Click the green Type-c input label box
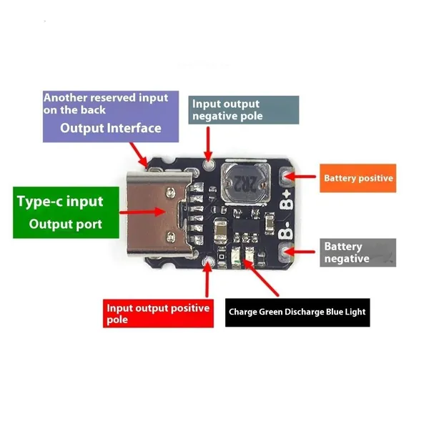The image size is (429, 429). (x=66, y=212)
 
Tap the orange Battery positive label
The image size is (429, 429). (x=358, y=178)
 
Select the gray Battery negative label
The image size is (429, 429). (x=358, y=252)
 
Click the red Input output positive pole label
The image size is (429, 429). (x=158, y=313)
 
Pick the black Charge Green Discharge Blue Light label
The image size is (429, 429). (x=297, y=312)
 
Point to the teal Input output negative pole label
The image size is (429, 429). (x=244, y=110)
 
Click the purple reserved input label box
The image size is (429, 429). (x=111, y=117)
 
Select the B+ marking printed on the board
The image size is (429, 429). (x=287, y=200)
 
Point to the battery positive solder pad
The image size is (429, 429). (x=285, y=175)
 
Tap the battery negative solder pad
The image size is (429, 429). (x=285, y=252)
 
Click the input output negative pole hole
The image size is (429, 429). (x=209, y=164)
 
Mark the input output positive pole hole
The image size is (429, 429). (x=207, y=261)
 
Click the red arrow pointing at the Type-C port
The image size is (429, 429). (x=142, y=212)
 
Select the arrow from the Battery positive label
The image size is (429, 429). (x=300, y=176)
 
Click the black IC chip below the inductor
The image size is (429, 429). (x=246, y=225)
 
